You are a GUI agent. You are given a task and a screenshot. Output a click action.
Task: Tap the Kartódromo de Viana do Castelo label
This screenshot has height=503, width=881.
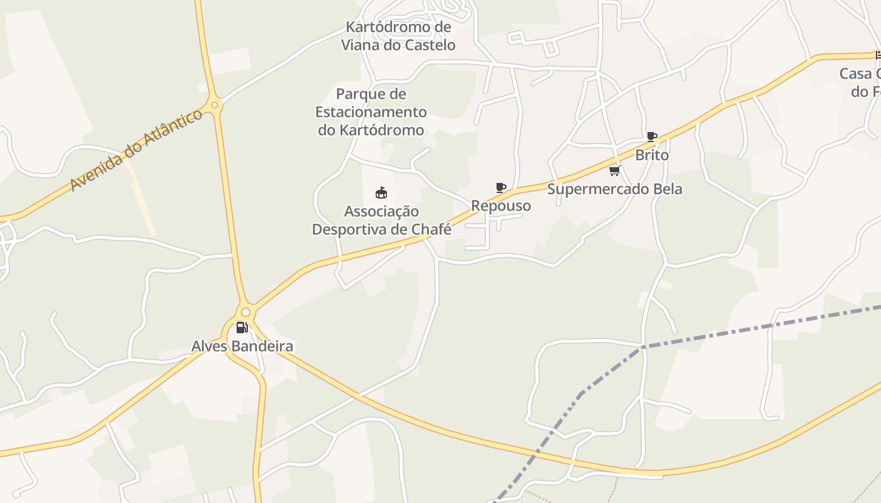[398, 36]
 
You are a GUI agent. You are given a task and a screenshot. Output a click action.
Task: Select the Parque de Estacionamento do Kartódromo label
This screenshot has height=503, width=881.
[371, 112]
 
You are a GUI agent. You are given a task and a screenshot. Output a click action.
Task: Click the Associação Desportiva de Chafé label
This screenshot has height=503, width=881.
[381, 220]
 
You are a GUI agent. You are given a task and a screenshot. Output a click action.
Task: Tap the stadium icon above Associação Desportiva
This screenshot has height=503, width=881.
[381, 192]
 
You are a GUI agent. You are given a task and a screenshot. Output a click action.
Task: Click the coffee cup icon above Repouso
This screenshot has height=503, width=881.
[501, 187]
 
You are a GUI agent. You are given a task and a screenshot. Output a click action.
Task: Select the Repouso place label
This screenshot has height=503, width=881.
[501, 206]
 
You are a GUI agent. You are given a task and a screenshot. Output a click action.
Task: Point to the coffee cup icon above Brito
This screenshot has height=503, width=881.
[652, 136]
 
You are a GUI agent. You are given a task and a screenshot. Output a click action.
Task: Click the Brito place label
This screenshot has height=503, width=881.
[652, 155]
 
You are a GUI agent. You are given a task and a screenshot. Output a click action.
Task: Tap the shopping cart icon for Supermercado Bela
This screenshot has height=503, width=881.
[614, 170]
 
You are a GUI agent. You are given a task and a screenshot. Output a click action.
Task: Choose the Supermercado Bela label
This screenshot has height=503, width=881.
[614, 189]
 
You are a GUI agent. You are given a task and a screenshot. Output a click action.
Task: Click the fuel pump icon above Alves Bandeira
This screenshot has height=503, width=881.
[242, 328]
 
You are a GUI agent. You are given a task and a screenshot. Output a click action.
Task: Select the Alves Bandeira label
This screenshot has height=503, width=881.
[242, 346]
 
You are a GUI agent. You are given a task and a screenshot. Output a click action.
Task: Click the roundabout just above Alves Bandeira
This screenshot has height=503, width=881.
[245, 312]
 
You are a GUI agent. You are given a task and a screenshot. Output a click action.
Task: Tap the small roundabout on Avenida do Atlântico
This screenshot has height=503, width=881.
[215, 105]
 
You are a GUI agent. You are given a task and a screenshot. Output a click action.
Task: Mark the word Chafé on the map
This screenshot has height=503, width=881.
[431, 229]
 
